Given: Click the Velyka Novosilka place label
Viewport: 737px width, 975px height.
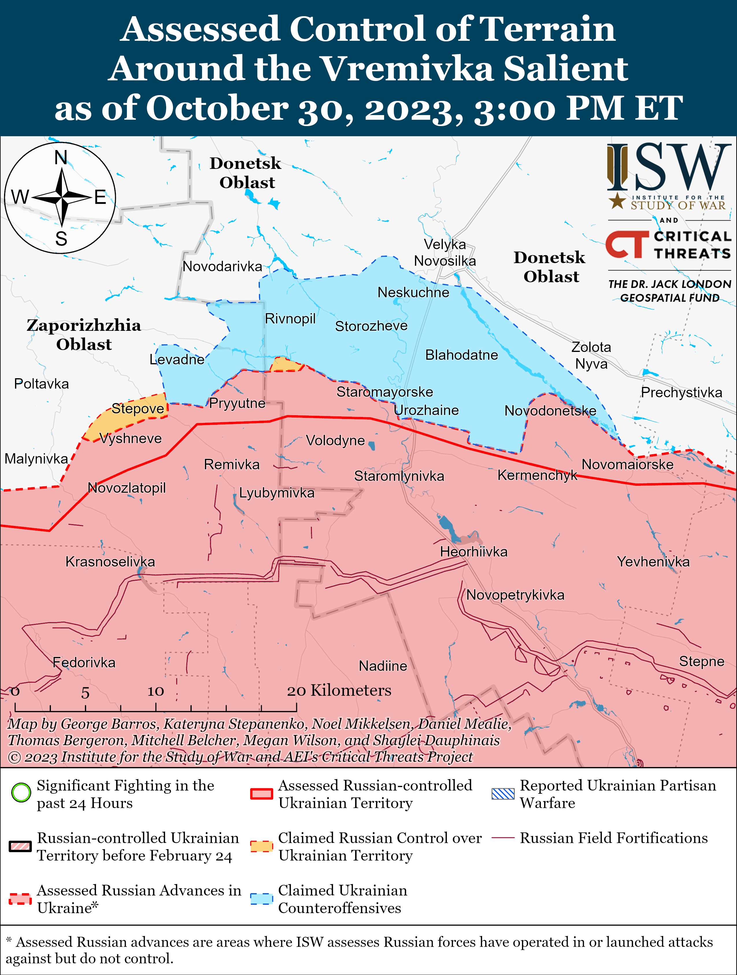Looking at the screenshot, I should (x=445, y=252).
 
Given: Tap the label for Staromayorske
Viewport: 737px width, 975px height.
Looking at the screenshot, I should (x=385, y=392).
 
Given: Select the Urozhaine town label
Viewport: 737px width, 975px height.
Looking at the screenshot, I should (x=426, y=410).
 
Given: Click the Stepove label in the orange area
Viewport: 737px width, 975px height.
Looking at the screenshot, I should (x=138, y=408).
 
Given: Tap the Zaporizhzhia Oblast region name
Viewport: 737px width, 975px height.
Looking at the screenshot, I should (x=84, y=335).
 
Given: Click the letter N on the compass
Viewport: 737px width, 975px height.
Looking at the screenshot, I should (x=61, y=157).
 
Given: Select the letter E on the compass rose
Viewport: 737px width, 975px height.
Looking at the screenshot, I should (x=101, y=197).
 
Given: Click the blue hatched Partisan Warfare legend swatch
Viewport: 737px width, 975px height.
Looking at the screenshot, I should (x=503, y=793).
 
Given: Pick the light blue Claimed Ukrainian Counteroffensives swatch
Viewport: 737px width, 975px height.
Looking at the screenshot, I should (x=262, y=899).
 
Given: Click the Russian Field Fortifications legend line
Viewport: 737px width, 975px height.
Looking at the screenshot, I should (x=503, y=837).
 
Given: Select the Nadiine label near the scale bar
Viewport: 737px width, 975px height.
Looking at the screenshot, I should (x=383, y=666).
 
